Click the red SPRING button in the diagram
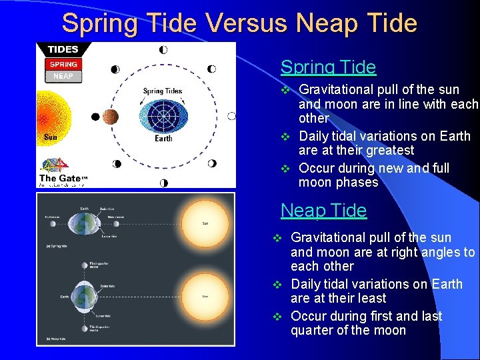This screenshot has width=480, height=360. pyautogui.click(x=63, y=64)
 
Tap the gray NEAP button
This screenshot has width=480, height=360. pyautogui.click(x=63, y=76)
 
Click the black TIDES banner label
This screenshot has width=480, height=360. pyautogui.click(x=63, y=49)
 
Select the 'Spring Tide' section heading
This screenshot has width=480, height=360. pyautogui.click(x=328, y=67)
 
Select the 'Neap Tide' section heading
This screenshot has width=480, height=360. pyautogui.click(x=323, y=211)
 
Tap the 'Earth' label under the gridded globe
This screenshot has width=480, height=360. pyautogui.click(x=163, y=139)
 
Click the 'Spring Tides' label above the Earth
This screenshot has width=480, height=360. pyautogui.click(x=162, y=91)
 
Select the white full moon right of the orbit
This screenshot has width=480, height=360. pyautogui.click(x=231, y=116)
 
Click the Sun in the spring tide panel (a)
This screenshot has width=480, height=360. pyautogui.click(x=205, y=223)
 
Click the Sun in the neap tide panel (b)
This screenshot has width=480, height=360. pyautogui.click(x=205, y=296)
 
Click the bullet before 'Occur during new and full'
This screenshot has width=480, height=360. pyautogui.click(x=283, y=168)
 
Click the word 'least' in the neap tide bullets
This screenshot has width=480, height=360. pyautogui.click(x=371, y=299)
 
